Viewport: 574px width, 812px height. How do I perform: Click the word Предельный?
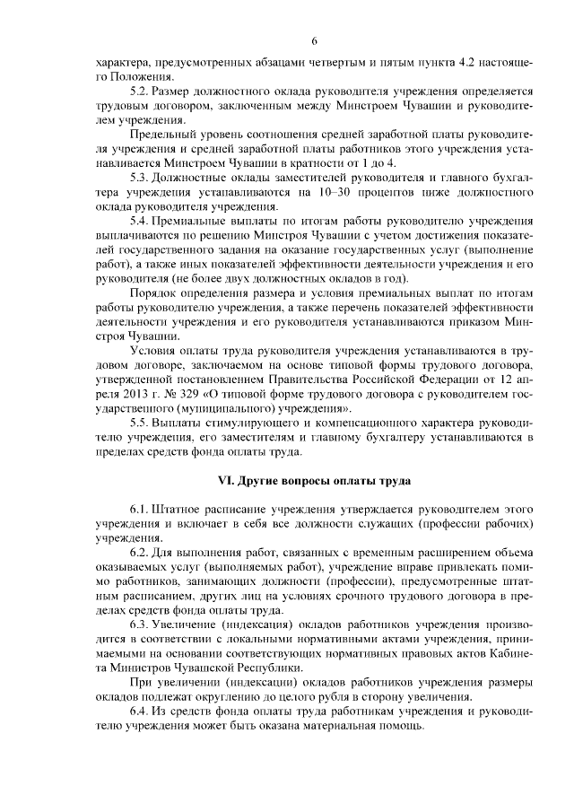[161, 134]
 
